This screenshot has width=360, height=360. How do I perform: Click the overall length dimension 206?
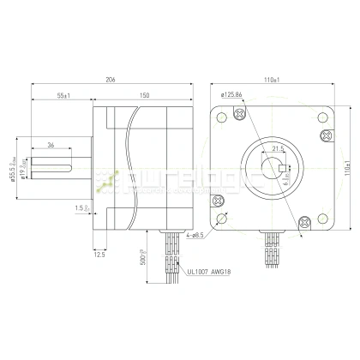point(110,79)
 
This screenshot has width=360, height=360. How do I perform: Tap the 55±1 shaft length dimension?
point(63,94)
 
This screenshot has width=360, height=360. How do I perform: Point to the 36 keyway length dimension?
point(51,144)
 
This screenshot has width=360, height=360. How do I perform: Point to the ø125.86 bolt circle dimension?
point(235,94)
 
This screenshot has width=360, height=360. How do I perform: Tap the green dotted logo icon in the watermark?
point(108,178)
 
